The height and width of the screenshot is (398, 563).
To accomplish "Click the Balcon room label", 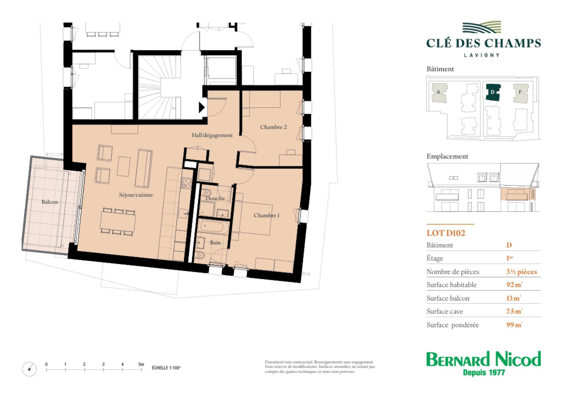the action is (x=50, y=202).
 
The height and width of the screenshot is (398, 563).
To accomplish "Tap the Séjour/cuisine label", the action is (x=136, y=195).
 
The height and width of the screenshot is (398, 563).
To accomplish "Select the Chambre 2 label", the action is (x=273, y=127).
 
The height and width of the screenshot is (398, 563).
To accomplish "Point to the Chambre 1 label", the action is (x=266, y=215).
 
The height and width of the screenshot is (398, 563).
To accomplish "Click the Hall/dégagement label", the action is (x=212, y=135).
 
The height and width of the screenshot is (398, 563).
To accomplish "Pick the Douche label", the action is (x=215, y=198).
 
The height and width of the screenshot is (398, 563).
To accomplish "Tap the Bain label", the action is (x=215, y=243).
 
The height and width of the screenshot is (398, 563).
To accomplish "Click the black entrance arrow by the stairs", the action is (x=202, y=107).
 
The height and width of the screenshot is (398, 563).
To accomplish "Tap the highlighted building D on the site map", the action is (x=493, y=92).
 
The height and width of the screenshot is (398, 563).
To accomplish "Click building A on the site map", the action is (x=439, y=93).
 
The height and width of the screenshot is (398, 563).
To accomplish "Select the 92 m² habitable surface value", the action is (x=514, y=285).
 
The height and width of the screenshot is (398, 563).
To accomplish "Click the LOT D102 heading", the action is (x=446, y=233).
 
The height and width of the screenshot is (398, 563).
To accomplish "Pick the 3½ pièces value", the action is (x=521, y=272).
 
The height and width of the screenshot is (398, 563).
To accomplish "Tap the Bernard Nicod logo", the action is (x=484, y=363).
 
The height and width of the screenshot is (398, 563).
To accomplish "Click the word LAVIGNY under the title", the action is (x=482, y=55).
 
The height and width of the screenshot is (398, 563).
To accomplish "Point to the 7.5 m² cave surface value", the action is (x=514, y=311).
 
